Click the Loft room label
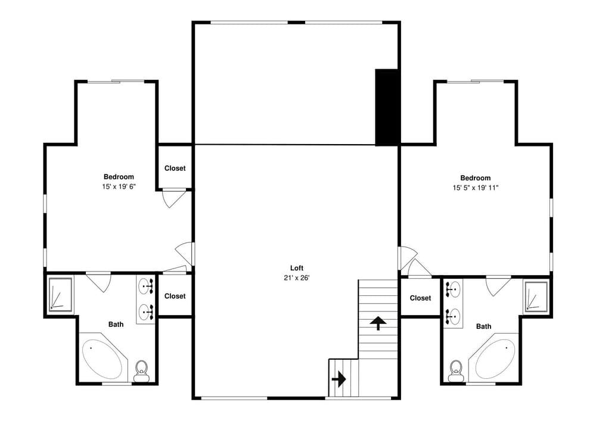[x=297, y=268]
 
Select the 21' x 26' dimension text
[x=297, y=278]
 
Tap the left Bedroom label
[x=119, y=177]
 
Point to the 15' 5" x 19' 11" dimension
[x=475, y=188]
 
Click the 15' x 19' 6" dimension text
[x=119, y=186]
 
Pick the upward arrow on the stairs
[x=377, y=323]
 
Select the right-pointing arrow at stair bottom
[x=339, y=378]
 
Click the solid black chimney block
[x=386, y=107]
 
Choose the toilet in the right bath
[x=457, y=370]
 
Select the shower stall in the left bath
[x=60, y=294]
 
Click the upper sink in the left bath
[x=146, y=287]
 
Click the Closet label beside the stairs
[x=420, y=298]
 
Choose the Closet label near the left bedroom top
[x=175, y=169]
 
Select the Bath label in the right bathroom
[x=483, y=326]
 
